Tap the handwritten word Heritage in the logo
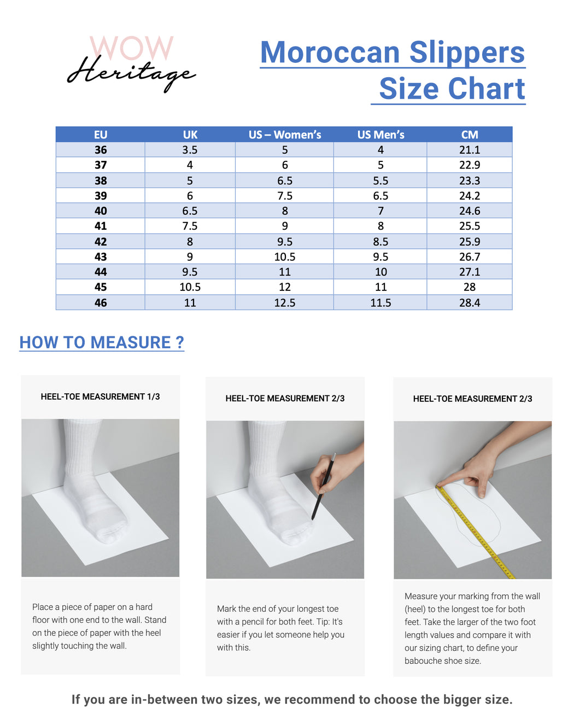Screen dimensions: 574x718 tap(131, 74)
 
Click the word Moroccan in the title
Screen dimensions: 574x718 tap(330, 52)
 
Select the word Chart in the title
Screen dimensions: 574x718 tap(487, 89)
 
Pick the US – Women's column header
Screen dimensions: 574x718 tap(284, 135)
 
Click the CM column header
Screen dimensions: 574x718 tap(469, 135)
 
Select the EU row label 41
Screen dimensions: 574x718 tap(101, 226)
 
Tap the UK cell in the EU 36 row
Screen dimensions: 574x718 tap(190, 150)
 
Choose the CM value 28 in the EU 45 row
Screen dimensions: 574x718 tap(469, 287)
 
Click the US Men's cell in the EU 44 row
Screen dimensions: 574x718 tap(380, 272)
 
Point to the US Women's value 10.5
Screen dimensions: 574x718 tap(284, 256)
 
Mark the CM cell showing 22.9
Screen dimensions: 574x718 tap(469, 165)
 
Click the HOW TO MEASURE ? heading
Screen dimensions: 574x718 tap(102, 342)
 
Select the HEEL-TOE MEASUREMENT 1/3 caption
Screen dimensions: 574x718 tap(100, 396)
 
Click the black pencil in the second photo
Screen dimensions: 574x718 tap(324, 486)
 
